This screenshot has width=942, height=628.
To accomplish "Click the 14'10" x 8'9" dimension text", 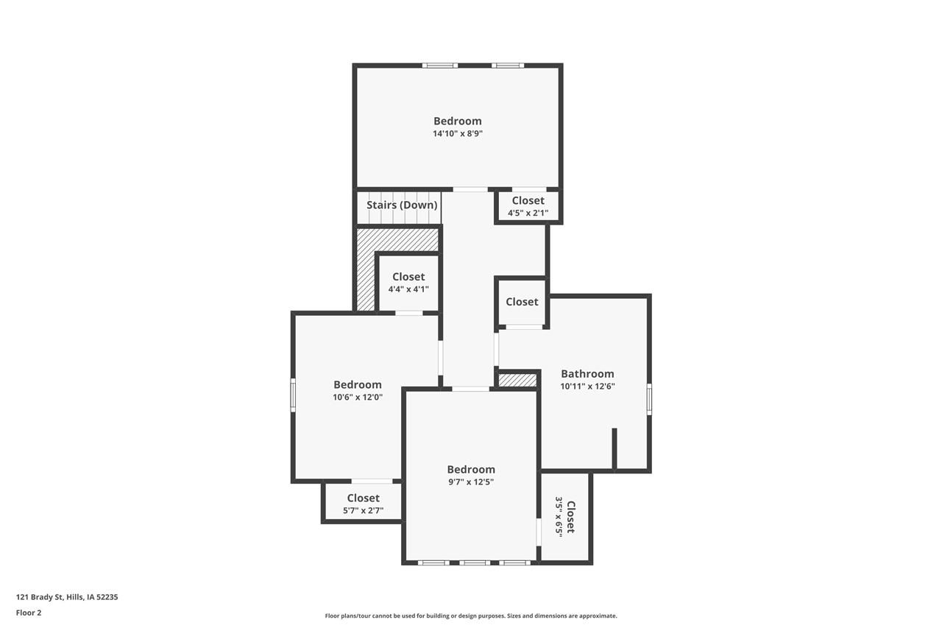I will coord(457,134).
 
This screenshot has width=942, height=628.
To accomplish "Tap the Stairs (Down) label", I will coord(402,205).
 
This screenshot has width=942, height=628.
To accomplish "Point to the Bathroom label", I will coord(587,374).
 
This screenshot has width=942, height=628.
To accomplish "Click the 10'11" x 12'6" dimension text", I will coord(587,386).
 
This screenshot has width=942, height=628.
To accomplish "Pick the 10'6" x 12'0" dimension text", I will coord(358,398).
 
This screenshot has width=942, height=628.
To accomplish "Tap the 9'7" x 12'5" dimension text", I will coord(471,482).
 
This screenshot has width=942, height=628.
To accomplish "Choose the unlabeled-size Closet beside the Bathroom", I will coord(522,302).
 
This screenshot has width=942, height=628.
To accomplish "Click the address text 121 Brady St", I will coord(67,597).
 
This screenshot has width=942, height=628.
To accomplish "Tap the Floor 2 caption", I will coord(29,613).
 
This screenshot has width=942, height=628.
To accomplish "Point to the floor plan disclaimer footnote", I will coord(471,615).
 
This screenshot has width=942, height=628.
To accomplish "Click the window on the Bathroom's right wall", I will coord(649,399).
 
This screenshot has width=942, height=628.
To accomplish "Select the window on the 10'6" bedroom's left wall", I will coord(293,395).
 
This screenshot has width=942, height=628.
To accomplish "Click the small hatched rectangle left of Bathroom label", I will coord(517,380).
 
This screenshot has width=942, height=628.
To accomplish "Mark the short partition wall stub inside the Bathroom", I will coord(615,448).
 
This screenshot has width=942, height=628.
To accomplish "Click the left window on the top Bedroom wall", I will coord(440,66).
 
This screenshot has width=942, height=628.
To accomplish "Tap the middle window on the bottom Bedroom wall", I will coord(475,563).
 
